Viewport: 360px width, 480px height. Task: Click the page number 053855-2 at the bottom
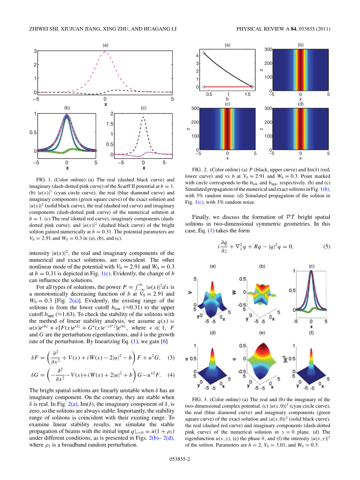point(179,459)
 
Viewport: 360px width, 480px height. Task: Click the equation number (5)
point(326,246)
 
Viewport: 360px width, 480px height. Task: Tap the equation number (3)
point(171,357)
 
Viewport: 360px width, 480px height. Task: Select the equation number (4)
point(171,374)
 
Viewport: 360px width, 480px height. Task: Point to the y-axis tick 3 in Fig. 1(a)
point(35,51)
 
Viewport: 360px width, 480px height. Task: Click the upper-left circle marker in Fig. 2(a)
point(204,53)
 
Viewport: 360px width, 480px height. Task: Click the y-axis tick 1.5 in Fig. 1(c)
point(110,124)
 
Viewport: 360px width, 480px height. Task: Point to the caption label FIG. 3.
point(200,399)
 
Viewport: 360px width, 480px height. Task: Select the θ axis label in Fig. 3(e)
point(234,358)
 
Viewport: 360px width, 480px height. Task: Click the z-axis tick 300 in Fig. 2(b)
point(268,50)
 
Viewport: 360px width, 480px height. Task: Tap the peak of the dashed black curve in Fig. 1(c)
point(143,117)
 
